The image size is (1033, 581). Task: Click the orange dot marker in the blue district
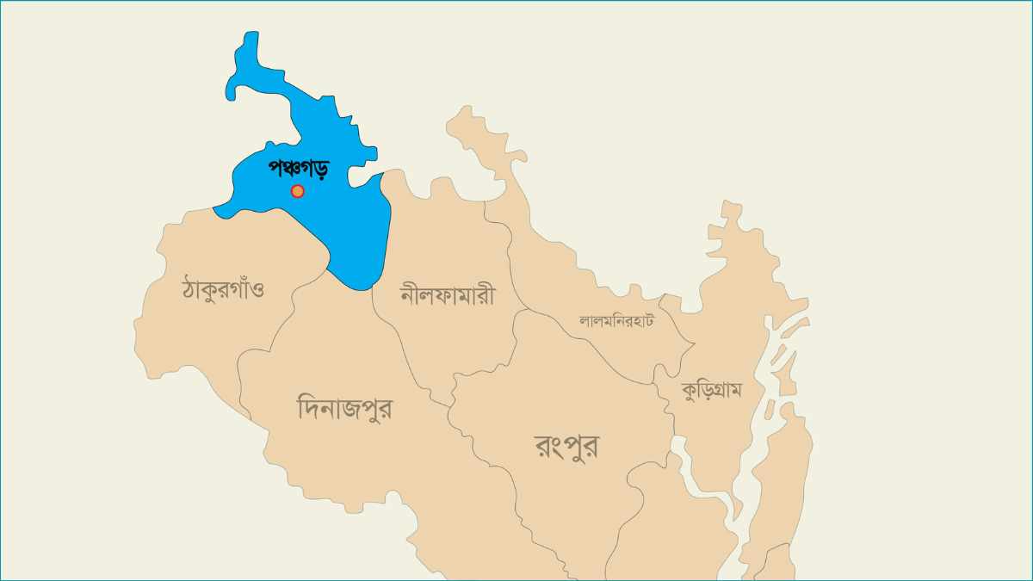click(x=297, y=191)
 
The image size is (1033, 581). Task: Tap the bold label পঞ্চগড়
click(x=297, y=168)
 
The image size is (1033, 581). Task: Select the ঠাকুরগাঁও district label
click(x=223, y=288)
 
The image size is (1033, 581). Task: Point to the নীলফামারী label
click(x=448, y=295)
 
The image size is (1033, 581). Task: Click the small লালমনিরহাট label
click(x=616, y=321)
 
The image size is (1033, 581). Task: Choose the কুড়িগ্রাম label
click(x=711, y=390)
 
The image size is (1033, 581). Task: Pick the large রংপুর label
click(x=566, y=446)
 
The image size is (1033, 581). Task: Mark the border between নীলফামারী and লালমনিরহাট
click(x=508, y=258)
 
